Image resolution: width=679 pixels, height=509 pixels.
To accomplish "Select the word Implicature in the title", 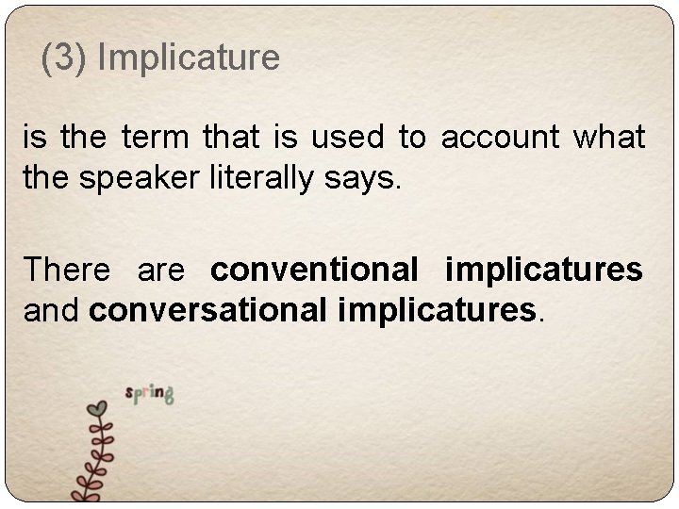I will pos(189,58).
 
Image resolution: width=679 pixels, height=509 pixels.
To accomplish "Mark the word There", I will pos(67,270).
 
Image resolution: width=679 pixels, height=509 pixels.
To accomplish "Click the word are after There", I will pos(160,271).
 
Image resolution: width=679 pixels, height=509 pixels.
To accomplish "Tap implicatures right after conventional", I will pos(544,271).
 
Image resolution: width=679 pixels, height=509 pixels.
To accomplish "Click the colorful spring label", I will pos(149,393).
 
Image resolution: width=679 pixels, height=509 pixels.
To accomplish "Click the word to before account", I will pos(411,140).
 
